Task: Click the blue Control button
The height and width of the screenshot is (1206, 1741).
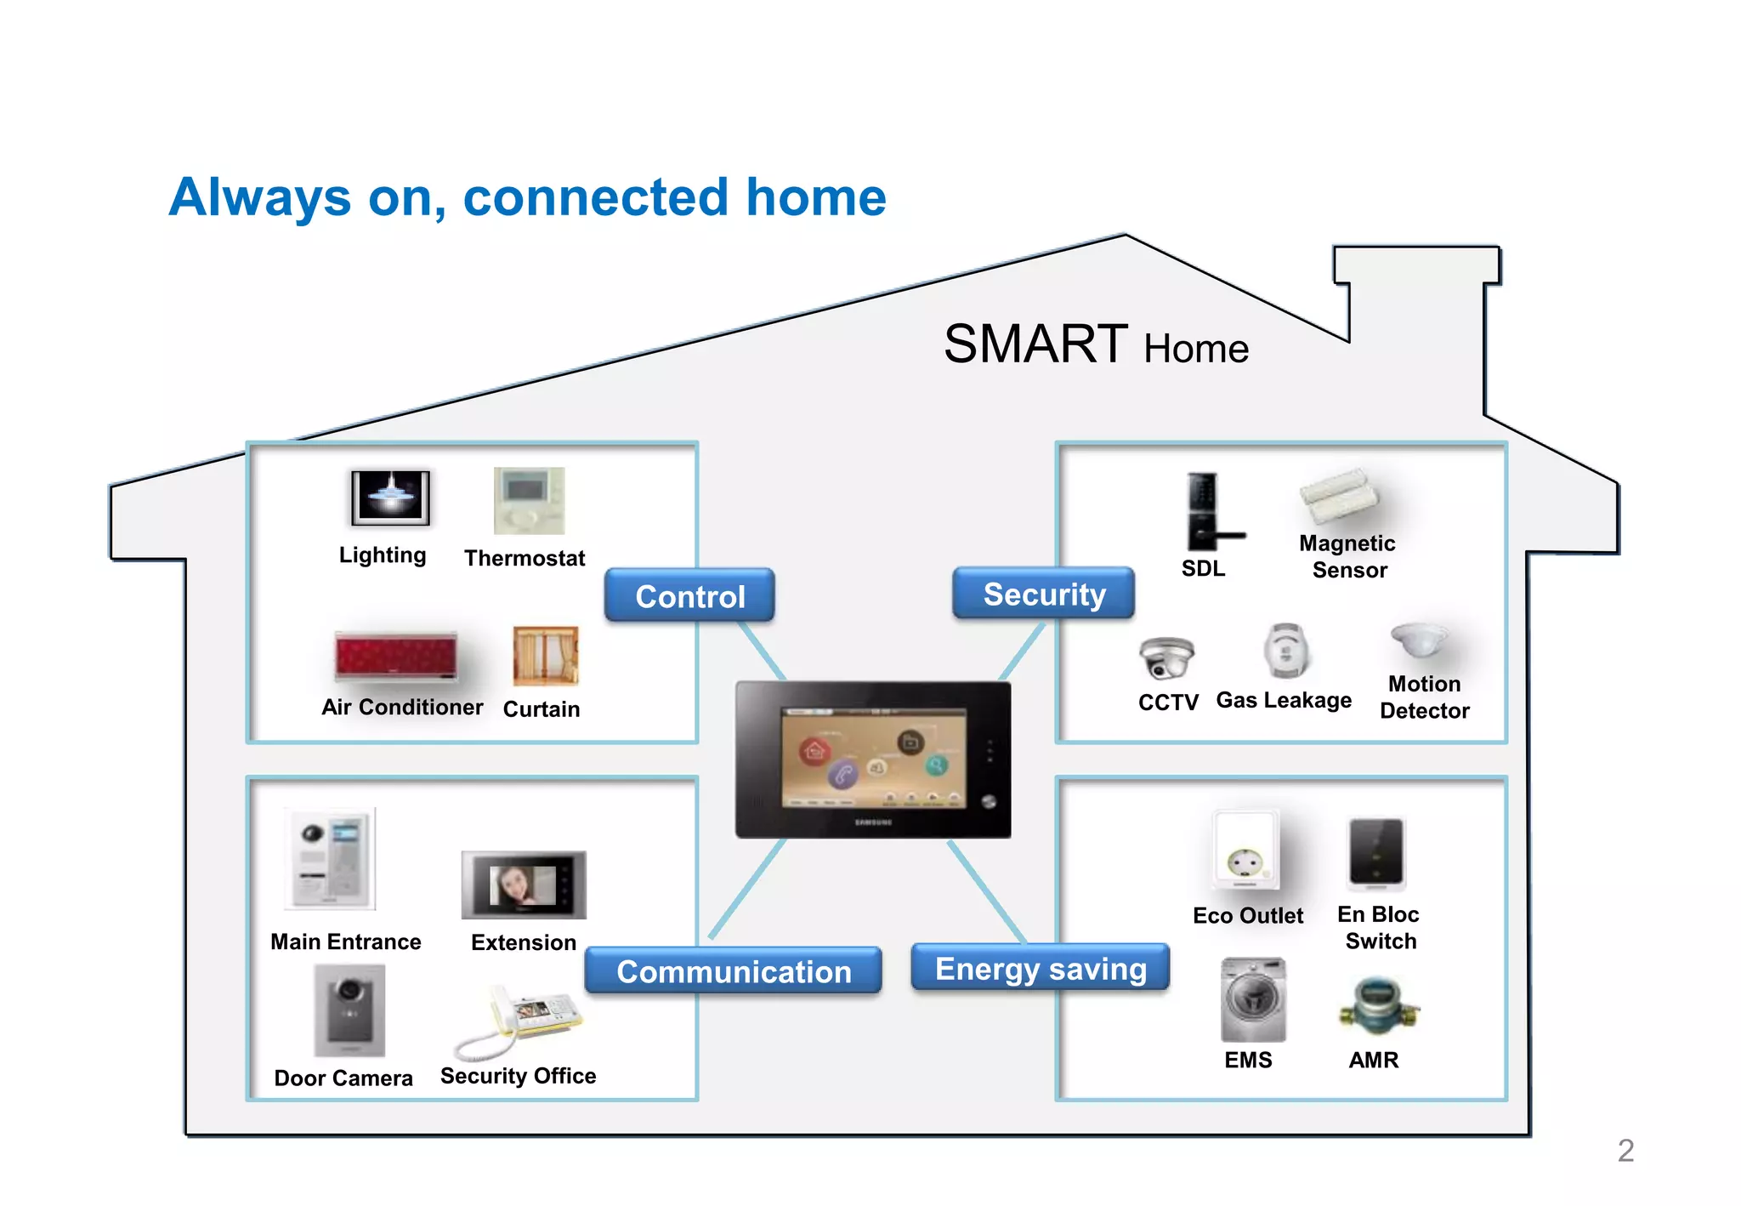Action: [689, 595]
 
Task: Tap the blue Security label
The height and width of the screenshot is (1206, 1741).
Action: [1044, 594]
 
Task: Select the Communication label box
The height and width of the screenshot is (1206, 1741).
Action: [734, 970]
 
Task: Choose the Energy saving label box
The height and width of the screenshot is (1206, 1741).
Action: [1041, 968]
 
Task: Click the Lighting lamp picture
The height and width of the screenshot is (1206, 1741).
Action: [390, 498]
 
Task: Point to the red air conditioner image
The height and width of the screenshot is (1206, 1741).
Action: [396, 656]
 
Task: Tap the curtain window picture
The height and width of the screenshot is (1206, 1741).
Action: [546, 656]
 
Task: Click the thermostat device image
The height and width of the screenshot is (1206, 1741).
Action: [529, 500]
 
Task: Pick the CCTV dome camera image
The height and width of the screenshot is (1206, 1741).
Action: [1166, 657]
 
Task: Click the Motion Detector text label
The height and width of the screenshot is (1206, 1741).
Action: [1424, 697]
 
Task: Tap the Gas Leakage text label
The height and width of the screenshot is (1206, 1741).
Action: [1284, 700]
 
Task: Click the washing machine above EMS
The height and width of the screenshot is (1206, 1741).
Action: [1253, 999]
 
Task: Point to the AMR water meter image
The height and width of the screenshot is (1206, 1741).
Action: [1378, 1005]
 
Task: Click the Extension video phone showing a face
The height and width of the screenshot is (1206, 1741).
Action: [524, 885]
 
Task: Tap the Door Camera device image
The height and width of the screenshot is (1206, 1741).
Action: [349, 1010]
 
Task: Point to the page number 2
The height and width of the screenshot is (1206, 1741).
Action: [1625, 1150]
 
